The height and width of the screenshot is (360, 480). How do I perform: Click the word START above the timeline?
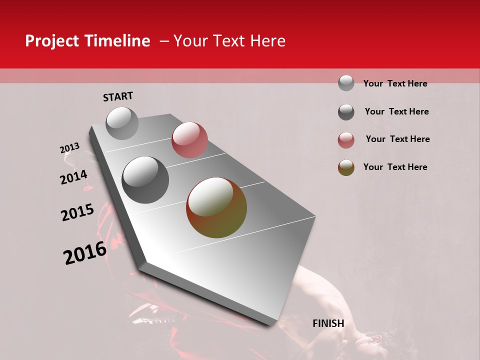(118, 96)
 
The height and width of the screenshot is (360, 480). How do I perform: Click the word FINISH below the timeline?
(328, 323)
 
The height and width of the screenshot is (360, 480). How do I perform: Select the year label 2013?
(70, 148)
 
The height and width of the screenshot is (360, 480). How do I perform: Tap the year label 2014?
(73, 177)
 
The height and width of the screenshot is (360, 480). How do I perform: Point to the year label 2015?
(77, 212)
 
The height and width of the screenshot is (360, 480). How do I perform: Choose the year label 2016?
(85, 252)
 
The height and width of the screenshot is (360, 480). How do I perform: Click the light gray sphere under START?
(122, 123)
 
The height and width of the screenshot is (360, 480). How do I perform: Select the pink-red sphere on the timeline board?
(189, 139)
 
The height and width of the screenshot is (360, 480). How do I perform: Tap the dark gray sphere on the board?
(145, 180)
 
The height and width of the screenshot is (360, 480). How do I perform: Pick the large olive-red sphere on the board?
(216, 207)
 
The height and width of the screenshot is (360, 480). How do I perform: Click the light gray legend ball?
(346, 83)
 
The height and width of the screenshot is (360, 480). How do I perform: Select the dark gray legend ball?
(346, 112)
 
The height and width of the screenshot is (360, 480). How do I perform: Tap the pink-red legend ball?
(346, 140)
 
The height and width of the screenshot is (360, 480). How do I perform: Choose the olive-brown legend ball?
(346, 167)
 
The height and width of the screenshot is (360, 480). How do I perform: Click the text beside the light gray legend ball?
(395, 83)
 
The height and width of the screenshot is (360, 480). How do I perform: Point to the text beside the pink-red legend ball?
(397, 139)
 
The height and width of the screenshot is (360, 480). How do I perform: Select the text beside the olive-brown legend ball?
(395, 167)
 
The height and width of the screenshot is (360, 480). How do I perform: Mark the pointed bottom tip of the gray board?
(270, 324)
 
